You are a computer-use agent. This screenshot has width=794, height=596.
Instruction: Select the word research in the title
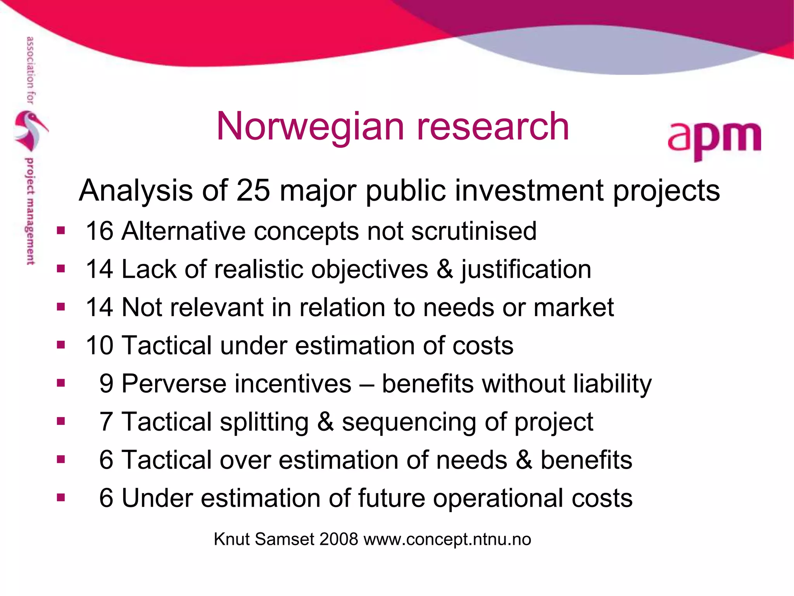pos(492,127)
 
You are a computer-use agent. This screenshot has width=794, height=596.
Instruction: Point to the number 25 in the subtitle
pos(253,191)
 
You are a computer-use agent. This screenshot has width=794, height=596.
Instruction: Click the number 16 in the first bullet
pos(99,231)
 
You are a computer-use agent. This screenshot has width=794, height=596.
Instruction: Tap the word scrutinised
pos(474,231)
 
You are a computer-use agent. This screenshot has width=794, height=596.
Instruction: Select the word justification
pos(526,270)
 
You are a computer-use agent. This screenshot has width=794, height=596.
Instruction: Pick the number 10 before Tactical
pos(99,345)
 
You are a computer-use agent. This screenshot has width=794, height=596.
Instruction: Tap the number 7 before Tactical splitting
pos(106,422)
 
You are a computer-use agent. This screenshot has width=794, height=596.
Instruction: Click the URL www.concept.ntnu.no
pos(447,539)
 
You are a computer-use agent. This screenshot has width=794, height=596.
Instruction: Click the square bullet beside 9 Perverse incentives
pos(61,383)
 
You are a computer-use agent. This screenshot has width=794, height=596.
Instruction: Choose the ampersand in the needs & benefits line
pos(524,460)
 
